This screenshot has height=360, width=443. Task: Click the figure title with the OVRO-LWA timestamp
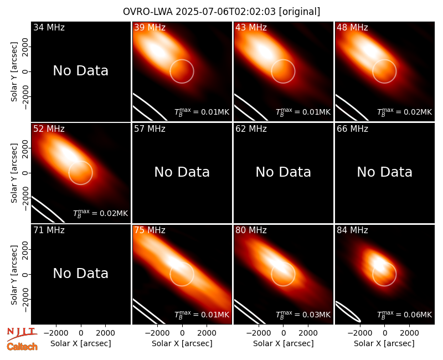(x=221, y=12)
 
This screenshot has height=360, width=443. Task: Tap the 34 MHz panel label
(x=49, y=27)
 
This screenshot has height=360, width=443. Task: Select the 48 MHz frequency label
(x=352, y=27)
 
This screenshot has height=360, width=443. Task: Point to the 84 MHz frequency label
(x=352, y=230)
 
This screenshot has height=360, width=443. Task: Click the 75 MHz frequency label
(x=150, y=230)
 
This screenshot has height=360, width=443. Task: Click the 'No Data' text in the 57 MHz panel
(x=182, y=172)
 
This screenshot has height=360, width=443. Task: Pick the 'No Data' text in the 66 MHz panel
(x=384, y=172)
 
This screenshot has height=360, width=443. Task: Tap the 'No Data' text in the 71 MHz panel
(x=81, y=273)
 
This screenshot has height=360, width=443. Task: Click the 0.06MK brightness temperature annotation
(x=405, y=315)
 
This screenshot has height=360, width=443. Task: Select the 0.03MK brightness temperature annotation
(x=303, y=315)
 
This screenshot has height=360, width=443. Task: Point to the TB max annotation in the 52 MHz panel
(x=101, y=213)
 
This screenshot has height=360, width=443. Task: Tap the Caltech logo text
(x=22, y=347)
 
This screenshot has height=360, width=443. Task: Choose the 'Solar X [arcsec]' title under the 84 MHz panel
(x=384, y=343)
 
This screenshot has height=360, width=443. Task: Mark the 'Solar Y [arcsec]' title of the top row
(x=14, y=72)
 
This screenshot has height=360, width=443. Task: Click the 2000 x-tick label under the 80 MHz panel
(x=308, y=333)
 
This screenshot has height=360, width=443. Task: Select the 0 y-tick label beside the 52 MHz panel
(x=25, y=173)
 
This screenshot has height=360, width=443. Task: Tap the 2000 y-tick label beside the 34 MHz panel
(x=25, y=47)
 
